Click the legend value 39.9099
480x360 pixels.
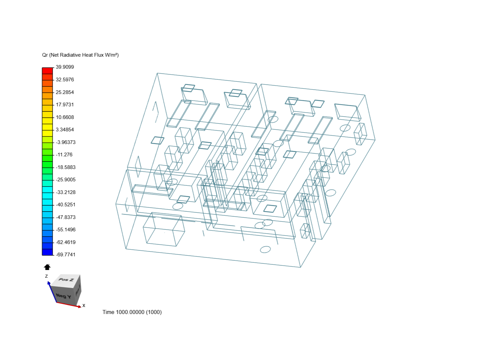(65, 67)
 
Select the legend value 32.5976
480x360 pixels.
(65, 80)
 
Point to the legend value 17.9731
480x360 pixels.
(65, 105)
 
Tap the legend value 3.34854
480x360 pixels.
(65, 130)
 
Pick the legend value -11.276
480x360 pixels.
(64, 155)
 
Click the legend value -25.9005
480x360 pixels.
(66, 180)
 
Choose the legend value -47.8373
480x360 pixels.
(66, 217)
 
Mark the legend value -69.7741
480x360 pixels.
(66, 255)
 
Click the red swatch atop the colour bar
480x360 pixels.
(47, 71)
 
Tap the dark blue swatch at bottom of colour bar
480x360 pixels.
(47, 252)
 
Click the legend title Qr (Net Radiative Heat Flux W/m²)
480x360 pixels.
(80, 55)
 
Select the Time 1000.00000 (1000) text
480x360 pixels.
(132, 312)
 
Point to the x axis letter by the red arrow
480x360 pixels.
(84, 305)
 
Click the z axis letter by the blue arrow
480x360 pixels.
(46, 276)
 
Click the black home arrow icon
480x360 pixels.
(47, 267)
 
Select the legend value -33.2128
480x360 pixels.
(66, 192)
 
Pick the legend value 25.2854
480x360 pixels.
(65, 92)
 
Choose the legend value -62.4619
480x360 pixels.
(66, 242)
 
